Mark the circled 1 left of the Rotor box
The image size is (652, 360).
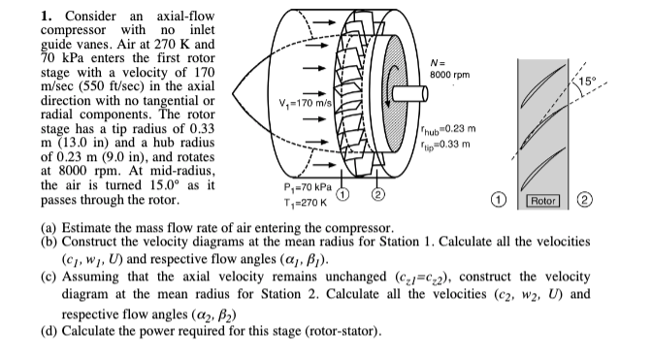click(x=526, y=201)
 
